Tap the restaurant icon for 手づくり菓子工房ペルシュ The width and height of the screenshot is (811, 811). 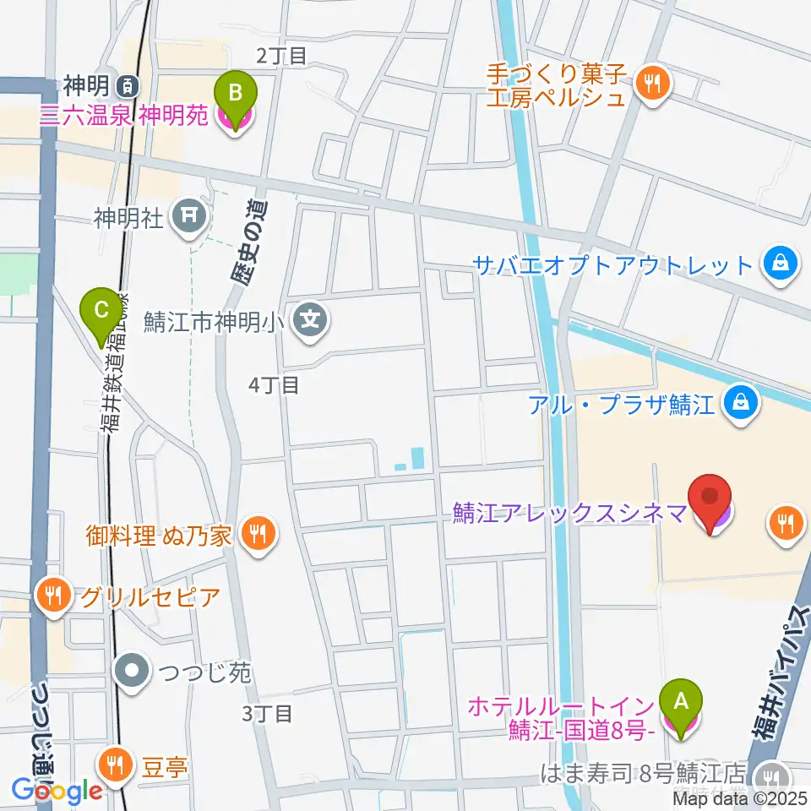point(652,83)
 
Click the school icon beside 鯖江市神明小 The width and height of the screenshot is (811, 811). point(310,321)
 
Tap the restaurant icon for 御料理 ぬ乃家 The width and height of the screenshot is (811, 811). point(257,534)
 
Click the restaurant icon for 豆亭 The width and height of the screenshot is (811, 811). point(114,766)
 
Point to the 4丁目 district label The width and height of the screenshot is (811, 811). point(274,385)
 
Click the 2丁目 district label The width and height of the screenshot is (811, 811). point(281,56)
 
